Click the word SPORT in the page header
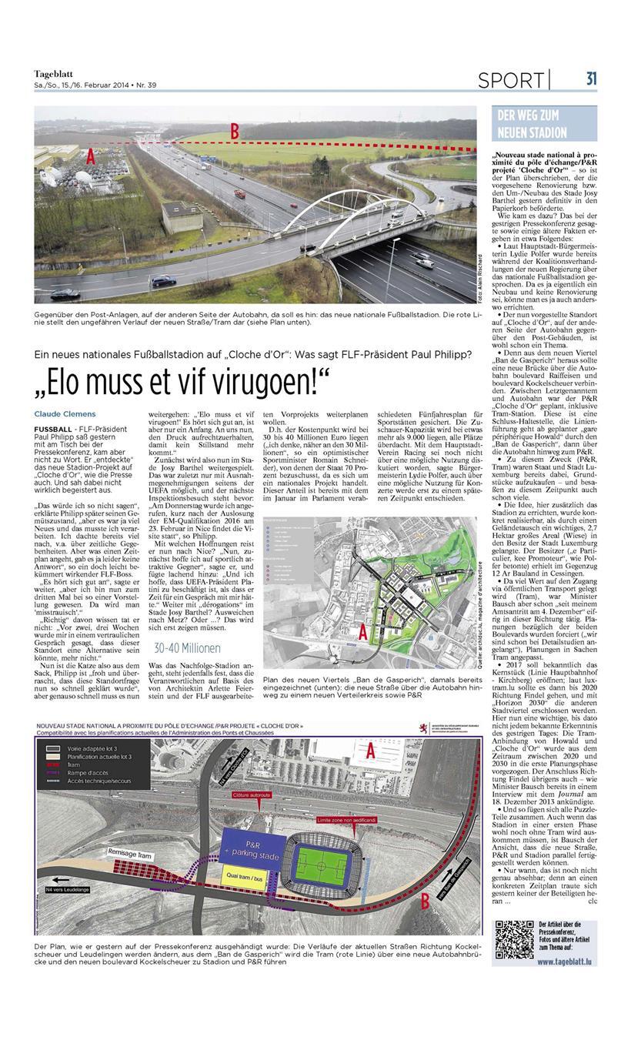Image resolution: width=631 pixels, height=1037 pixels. (x=510, y=80)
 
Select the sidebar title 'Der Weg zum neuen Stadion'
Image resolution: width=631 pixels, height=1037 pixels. (x=532, y=125)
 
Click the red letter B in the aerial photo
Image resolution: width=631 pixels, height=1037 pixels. (x=234, y=132)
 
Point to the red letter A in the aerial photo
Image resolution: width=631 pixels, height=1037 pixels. (x=90, y=157)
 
